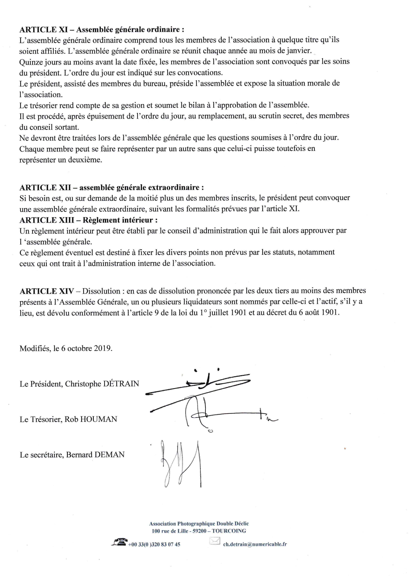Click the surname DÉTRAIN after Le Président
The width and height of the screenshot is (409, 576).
121,384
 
